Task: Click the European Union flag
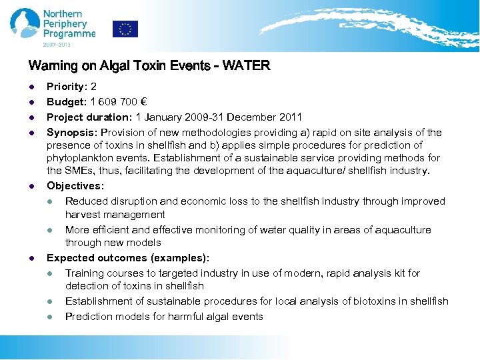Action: (x=125, y=29)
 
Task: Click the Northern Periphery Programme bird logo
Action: (x=25, y=23)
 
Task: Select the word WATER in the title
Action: (x=247, y=66)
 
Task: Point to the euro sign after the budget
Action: (x=143, y=102)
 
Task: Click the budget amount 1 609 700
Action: (x=114, y=102)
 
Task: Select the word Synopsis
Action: (x=71, y=133)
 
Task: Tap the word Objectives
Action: (x=75, y=186)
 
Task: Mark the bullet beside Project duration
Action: (x=31, y=117)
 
